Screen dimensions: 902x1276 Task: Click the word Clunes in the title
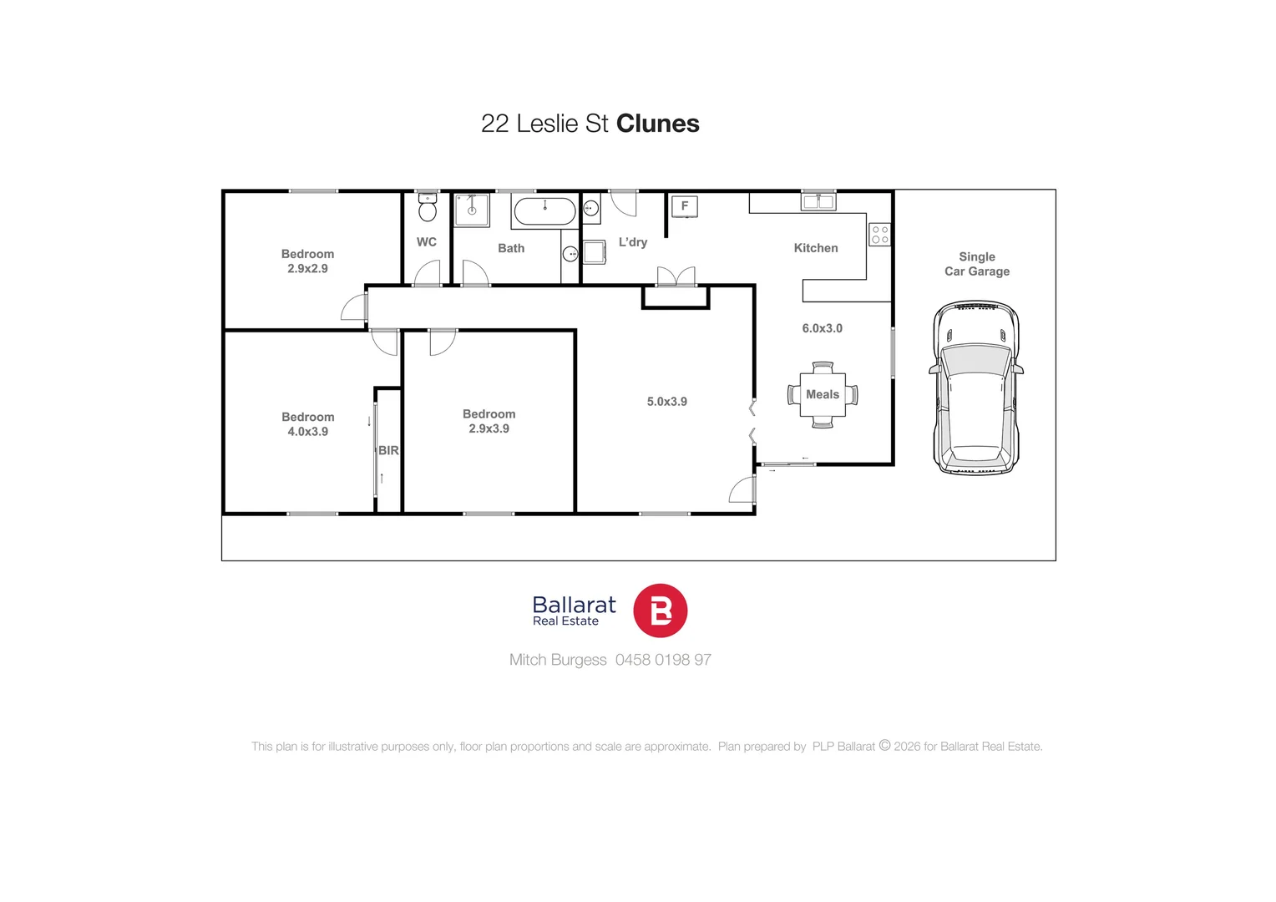pos(657,124)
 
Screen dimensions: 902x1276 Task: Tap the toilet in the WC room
pos(428,209)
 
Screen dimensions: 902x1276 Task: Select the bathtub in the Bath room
pos(544,211)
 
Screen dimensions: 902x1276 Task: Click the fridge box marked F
pos(685,206)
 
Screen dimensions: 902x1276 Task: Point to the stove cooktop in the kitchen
pos(879,235)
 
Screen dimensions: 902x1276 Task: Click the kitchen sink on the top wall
pos(818,201)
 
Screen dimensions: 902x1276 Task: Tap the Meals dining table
pos(823,394)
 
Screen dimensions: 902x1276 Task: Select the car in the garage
pos(976,389)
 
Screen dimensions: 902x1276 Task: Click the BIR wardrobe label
pos(388,450)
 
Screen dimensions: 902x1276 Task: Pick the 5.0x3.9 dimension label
pos(666,402)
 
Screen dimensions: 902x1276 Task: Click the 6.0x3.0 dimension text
pos(822,328)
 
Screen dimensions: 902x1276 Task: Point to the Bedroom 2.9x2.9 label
pos(307,261)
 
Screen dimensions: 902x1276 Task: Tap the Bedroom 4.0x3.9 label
pos(307,424)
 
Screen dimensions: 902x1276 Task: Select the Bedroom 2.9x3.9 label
pos(489,421)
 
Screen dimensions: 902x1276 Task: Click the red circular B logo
pos(660,611)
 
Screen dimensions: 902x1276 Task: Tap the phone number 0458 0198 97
pos(663,660)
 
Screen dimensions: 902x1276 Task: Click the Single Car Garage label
pos(976,264)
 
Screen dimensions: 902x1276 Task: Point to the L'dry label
pos(632,242)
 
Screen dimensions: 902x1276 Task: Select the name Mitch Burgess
pos(558,660)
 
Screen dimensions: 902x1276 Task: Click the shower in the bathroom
pos(472,210)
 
